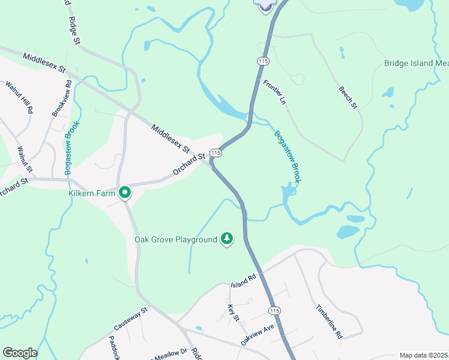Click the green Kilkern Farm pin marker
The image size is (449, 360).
[125, 193]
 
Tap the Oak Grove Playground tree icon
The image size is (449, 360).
[227, 239]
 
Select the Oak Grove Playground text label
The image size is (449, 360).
[175, 239]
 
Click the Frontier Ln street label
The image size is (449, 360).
[273, 92]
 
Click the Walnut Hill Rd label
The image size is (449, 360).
[19, 97]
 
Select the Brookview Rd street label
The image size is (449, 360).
[61, 99]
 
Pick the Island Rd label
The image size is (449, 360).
[244, 279]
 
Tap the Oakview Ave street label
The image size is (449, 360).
[257, 334]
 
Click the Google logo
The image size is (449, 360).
[20, 353]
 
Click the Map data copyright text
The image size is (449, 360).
[424, 355]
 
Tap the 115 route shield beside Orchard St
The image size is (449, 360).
[216, 154]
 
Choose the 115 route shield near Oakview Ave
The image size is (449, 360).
[275, 310]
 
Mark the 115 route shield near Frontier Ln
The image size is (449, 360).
[262, 61]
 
